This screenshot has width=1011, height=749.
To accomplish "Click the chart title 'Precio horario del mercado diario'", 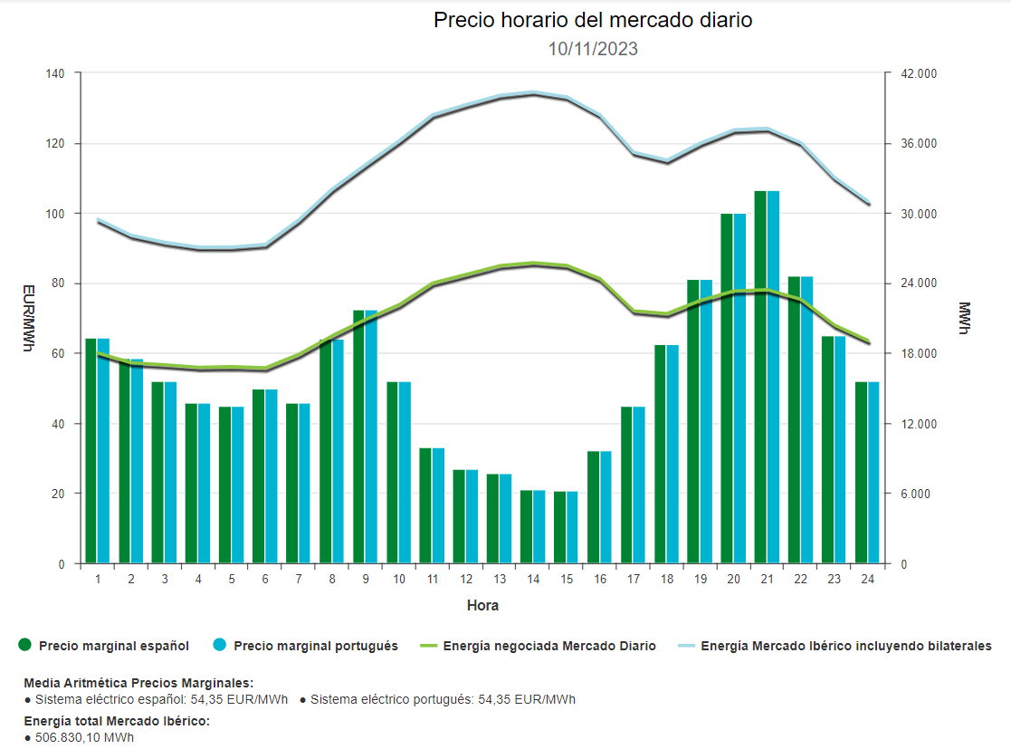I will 593,20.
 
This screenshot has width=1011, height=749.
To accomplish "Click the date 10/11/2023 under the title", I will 593,49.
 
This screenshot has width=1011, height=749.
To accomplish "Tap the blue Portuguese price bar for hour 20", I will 739,389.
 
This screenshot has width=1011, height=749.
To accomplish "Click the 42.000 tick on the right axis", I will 914,73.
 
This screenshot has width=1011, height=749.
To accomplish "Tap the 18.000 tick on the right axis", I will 914,353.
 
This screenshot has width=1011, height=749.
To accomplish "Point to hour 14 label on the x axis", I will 533,579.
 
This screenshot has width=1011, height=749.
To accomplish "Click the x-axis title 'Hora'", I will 482,605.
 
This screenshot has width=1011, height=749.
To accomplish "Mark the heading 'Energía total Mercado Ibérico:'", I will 117,721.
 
